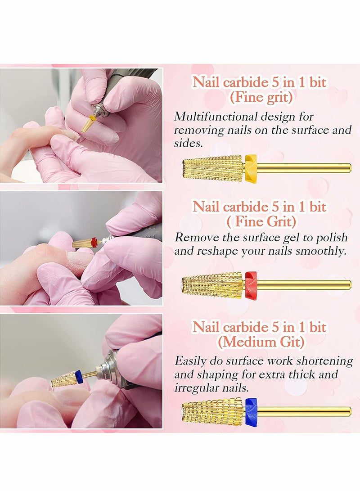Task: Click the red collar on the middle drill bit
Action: coord(251,284)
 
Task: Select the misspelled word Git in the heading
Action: coord(291,342)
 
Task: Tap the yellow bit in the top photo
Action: coord(87,124)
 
